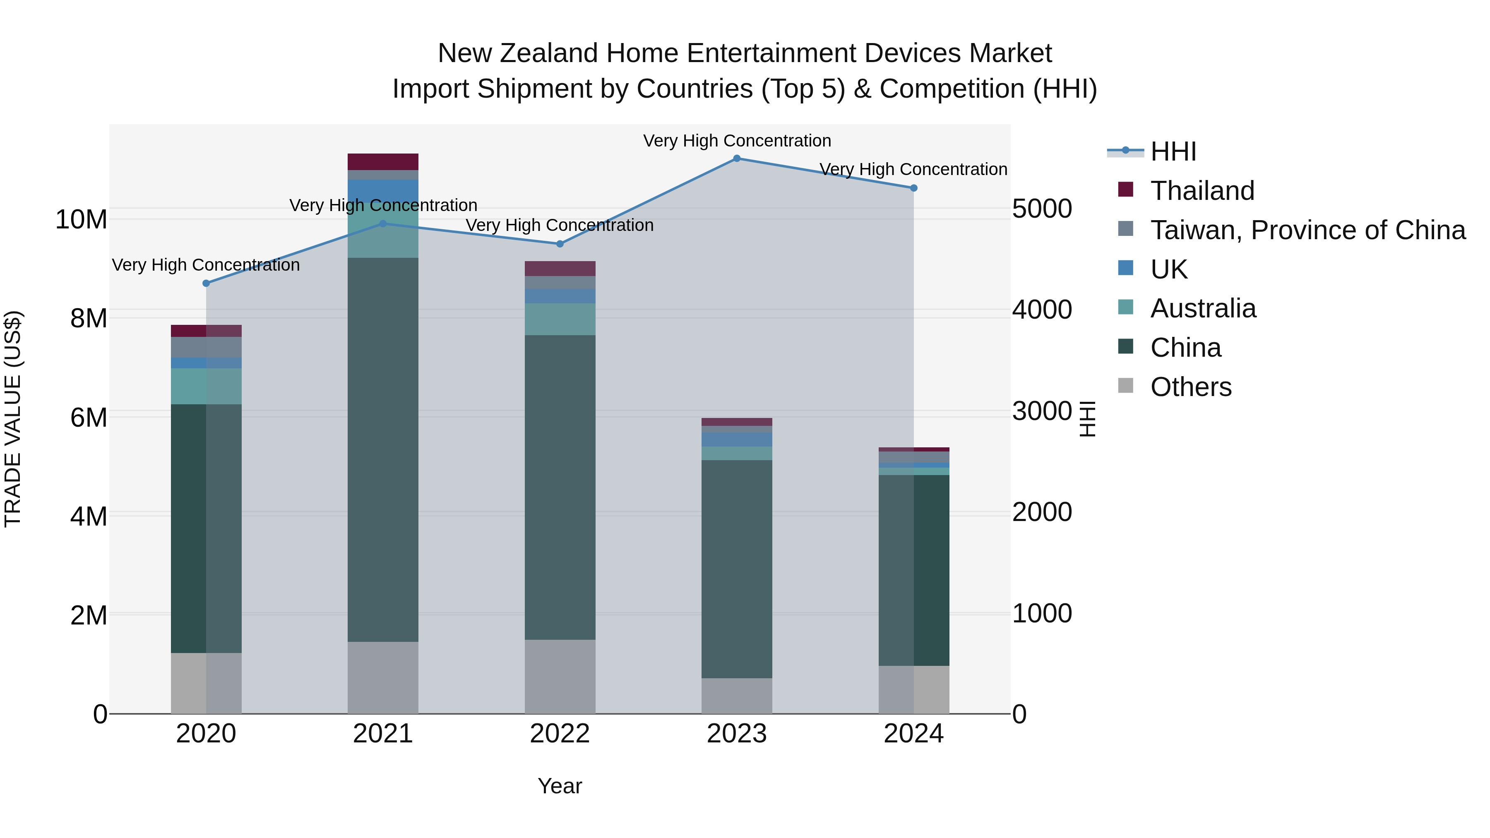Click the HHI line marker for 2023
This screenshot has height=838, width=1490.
[x=736, y=158]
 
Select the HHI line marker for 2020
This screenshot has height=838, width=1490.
[x=206, y=283]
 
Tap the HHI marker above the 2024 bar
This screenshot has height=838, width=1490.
[x=913, y=188]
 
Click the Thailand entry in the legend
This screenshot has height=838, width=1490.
[x=1202, y=191]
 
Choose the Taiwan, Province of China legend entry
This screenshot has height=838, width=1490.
[x=1307, y=230]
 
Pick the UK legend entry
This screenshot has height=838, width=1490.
[x=1168, y=269]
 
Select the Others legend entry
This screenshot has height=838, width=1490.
[x=1190, y=387]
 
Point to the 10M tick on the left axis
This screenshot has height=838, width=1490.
[x=81, y=220]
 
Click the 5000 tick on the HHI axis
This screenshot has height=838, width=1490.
[x=1042, y=209]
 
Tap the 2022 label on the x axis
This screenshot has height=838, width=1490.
[x=559, y=734]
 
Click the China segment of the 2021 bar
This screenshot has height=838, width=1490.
[x=383, y=449]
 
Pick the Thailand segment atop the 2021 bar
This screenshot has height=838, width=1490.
[x=383, y=161]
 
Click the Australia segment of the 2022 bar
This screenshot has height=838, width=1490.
[x=559, y=319]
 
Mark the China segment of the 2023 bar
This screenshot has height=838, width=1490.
[x=736, y=569]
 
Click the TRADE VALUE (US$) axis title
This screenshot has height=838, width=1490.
[x=13, y=419]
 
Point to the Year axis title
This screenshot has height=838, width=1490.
[x=559, y=786]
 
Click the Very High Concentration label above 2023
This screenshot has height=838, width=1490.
[x=736, y=141]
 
